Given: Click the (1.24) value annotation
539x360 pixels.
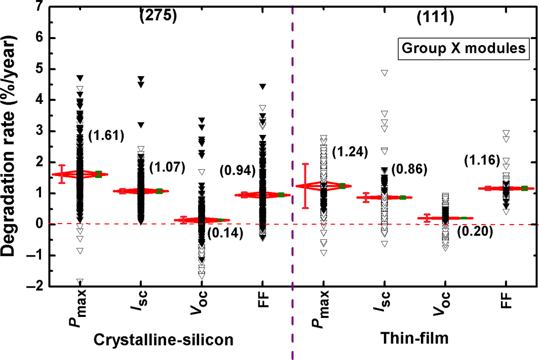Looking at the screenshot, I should [x=349, y=151].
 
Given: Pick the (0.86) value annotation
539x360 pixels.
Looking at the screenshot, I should [x=412, y=169].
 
